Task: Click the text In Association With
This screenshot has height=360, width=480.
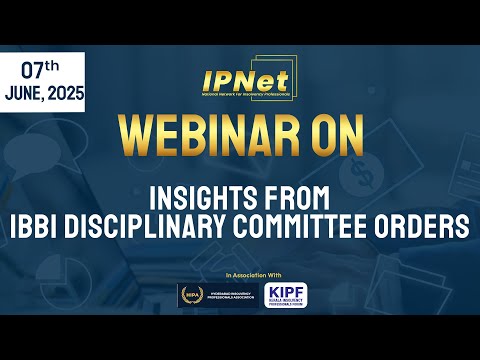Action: [240, 274]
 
